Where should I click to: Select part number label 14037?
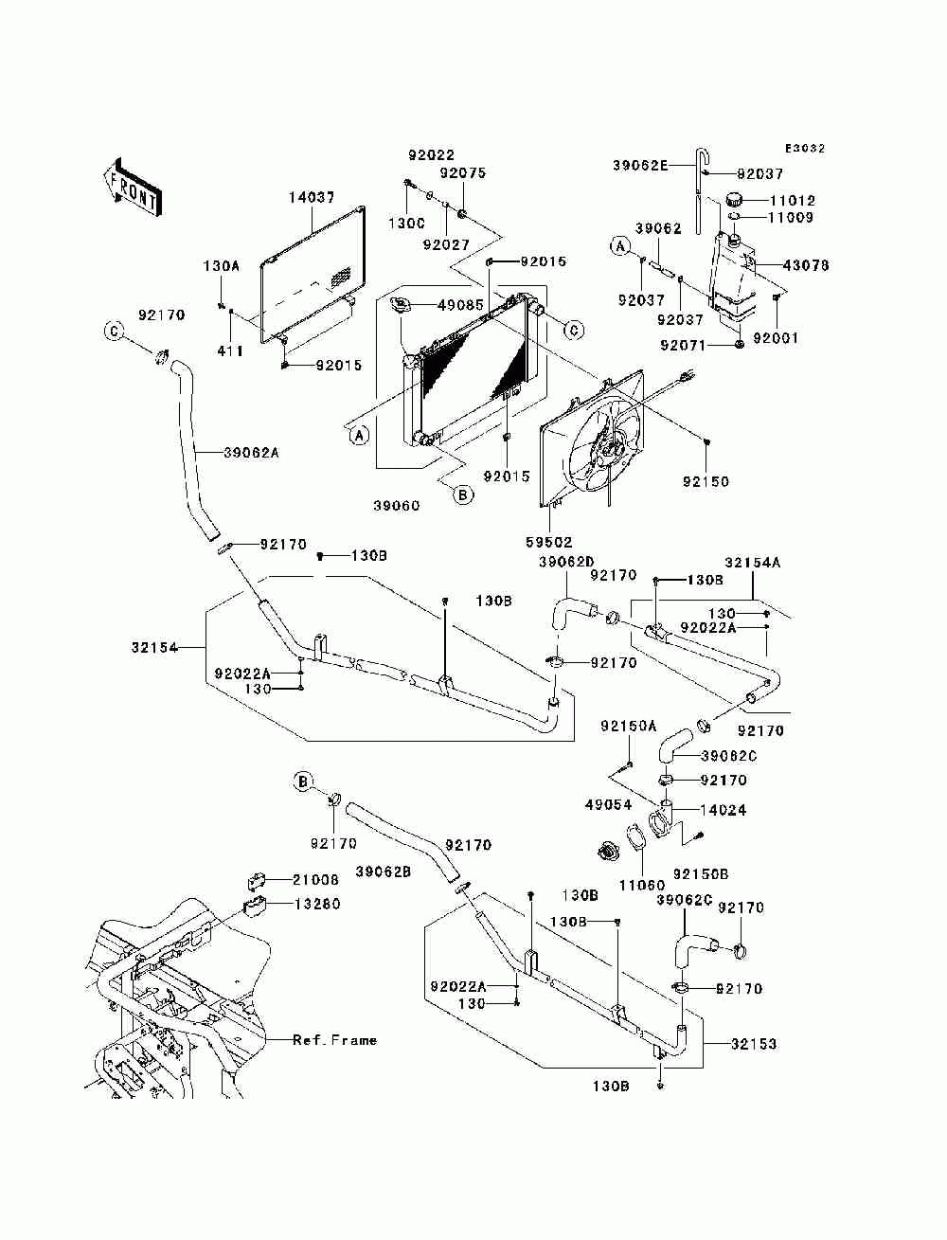coord(312,198)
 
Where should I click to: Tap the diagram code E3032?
coord(805,149)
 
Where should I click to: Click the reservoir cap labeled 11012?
coord(734,200)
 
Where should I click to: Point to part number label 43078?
coord(806,265)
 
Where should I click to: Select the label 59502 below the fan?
coord(549,543)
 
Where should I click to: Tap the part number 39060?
coord(397,506)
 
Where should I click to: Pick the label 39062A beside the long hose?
coord(251,453)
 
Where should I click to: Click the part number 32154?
coord(154,647)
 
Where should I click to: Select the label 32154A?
coord(753,563)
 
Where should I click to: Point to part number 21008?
coord(315,880)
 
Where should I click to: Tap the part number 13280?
coord(317,904)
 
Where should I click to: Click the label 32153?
coord(754,1045)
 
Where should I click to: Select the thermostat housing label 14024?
coord(723,811)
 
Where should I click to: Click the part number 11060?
coord(642,885)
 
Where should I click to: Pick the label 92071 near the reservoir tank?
coord(684,345)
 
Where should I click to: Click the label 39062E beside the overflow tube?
coord(640,166)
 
